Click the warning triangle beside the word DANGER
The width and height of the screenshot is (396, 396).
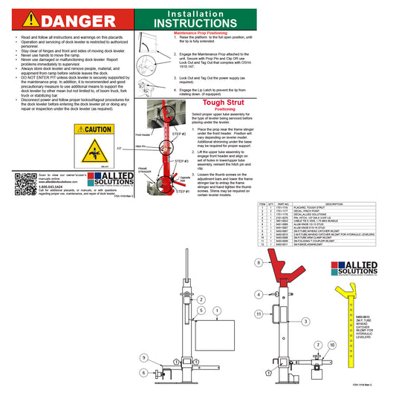[x=26, y=19]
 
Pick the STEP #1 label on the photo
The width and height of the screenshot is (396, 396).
[x=183, y=192]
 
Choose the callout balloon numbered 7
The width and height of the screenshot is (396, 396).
[x=317, y=345]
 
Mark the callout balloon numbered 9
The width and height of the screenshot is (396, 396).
[x=143, y=357]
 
